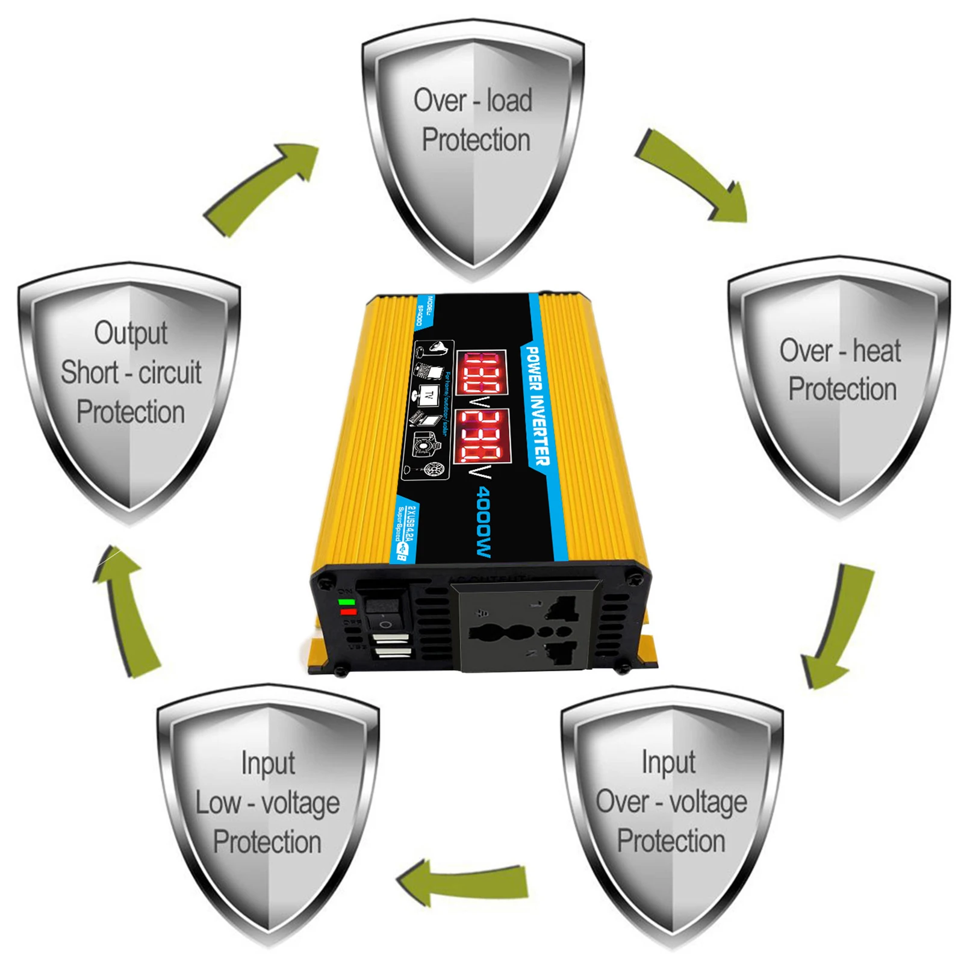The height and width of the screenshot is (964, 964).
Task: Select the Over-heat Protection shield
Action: coord(839,385)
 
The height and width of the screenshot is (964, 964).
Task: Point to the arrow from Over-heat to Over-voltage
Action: coord(837,626)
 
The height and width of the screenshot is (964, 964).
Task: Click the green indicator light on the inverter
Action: coord(346,602)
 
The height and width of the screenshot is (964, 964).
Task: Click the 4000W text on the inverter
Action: coord(485,521)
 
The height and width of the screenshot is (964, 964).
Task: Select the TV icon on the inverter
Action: coord(429,396)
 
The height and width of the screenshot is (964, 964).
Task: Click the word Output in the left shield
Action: coord(131,333)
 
